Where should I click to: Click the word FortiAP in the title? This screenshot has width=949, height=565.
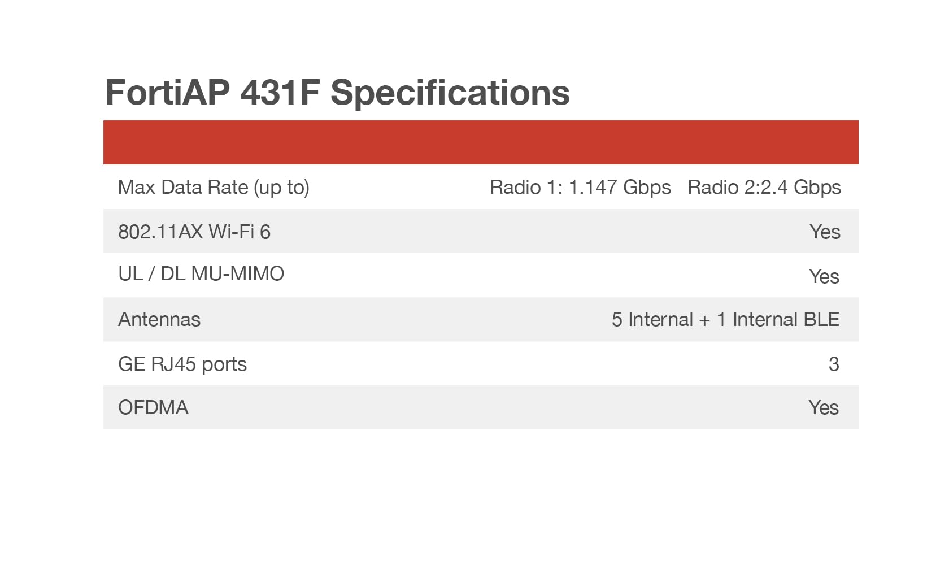point(167,93)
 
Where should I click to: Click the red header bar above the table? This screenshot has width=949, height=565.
point(481,142)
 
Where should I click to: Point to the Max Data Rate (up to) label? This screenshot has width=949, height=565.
point(214,188)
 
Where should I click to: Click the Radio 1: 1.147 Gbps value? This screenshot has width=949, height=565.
point(580,188)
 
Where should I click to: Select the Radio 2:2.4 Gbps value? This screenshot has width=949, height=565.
point(764,188)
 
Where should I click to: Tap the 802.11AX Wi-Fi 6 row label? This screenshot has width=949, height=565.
point(194,232)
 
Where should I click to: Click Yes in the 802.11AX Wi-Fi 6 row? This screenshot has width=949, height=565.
point(825,232)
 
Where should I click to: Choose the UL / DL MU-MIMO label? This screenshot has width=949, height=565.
point(201,274)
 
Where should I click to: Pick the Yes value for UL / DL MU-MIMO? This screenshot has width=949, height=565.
point(824,276)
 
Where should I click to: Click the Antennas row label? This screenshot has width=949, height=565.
point(159,320)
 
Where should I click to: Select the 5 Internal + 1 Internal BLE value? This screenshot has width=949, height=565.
point(725,320)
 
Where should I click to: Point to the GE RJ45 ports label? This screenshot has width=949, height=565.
point(182,364)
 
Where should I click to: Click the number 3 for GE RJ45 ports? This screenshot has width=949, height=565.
point(834,364)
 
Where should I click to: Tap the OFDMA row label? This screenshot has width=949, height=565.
point(153,407)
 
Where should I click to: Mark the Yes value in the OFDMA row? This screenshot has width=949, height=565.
point(824,407)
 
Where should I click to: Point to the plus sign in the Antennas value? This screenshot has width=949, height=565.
point(704,321)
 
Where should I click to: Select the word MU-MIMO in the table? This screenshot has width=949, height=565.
point(238,274)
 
